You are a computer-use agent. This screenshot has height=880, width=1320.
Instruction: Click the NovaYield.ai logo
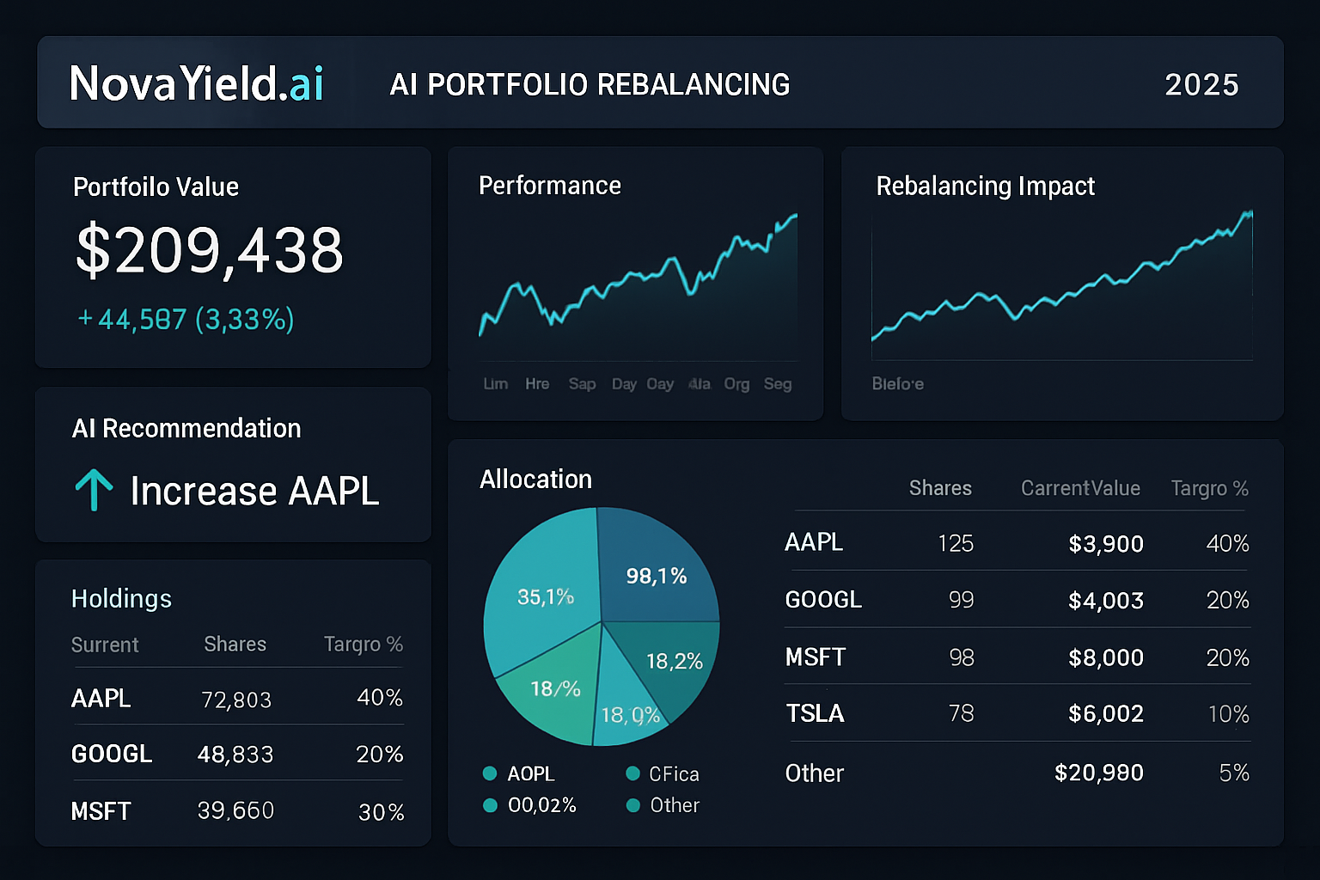[x=197, y=83]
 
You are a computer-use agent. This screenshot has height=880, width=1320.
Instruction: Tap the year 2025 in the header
[x=1201, y=85]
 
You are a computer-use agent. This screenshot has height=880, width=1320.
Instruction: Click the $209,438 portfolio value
[x=210, y=250]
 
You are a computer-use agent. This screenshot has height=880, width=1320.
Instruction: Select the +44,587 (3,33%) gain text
[x=186, y=320]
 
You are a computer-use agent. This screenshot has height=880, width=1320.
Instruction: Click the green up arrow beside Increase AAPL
[x=94, y=490]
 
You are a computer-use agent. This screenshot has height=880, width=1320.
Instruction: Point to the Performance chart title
[x=550, y=186]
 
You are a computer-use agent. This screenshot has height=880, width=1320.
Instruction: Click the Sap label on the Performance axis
[x=582, y=384]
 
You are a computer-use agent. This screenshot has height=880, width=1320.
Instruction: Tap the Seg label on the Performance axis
[x=777, y=384]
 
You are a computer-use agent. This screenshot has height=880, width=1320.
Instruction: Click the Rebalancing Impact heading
[x=985, y=186]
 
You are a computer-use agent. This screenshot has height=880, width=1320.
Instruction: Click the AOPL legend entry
[x=521, y=773]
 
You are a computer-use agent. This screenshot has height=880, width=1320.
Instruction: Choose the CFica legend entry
[x=663, y=773]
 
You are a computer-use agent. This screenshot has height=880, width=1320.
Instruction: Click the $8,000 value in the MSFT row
[x=1105, y=657]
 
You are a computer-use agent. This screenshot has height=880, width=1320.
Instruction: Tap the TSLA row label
[x=815, y=713]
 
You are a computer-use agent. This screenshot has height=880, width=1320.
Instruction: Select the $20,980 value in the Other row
[x=1098, y=773]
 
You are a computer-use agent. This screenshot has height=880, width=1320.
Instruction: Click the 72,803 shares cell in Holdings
[x=236, y=700]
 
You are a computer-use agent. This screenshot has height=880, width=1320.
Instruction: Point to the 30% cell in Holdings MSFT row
[x=381, y=812]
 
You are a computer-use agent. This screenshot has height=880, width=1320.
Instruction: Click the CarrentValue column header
[x=1080, y=488]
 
